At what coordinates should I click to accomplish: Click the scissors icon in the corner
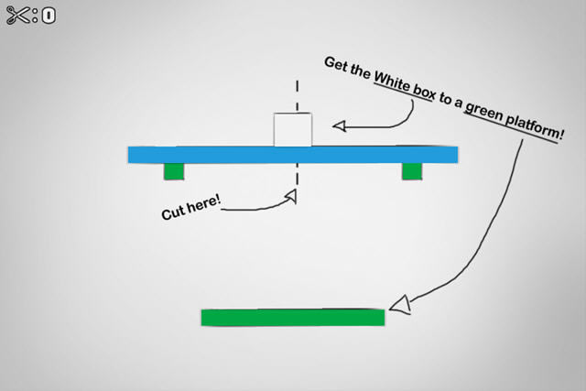17,16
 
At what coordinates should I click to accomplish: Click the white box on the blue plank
293,130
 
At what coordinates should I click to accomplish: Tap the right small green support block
411,171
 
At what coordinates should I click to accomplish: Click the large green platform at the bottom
292,317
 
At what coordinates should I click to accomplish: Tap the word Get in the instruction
335,64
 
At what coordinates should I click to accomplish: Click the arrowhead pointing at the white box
339,125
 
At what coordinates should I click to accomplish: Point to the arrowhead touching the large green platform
400,305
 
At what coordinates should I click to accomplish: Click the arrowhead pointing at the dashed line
290,194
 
